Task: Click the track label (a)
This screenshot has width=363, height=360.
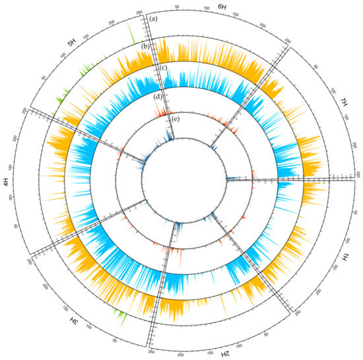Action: (153, 19)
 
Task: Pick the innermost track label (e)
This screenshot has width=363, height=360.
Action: (175, 120)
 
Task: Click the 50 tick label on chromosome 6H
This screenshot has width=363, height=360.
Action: (177, 7)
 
